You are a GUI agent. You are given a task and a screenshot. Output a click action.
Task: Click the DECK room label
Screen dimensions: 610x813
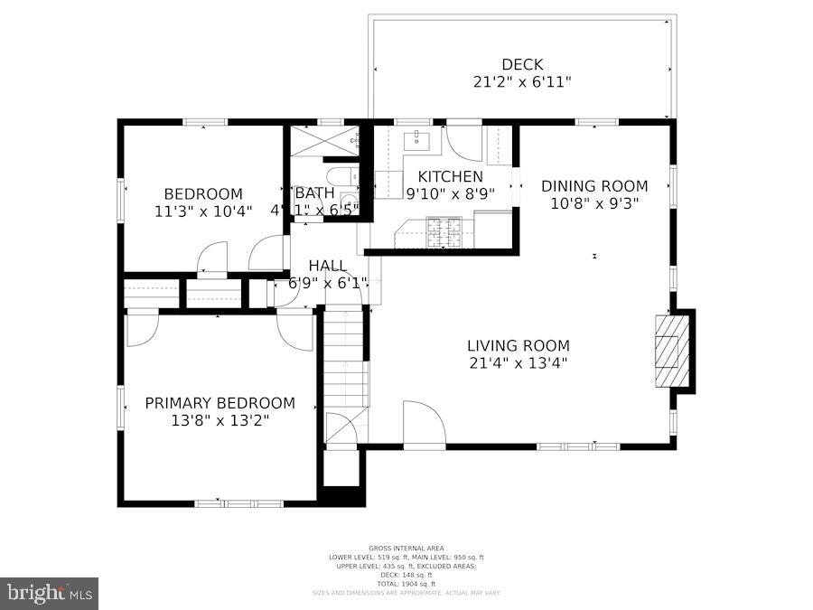point(522,64)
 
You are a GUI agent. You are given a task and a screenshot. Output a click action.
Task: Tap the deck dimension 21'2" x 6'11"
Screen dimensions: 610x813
point(522,81)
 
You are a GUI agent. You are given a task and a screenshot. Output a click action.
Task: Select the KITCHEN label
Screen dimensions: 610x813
point(450,176)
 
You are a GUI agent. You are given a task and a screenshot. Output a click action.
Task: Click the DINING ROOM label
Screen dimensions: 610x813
point(594,186)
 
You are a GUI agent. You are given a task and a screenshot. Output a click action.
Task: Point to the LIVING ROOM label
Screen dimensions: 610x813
point(519,345)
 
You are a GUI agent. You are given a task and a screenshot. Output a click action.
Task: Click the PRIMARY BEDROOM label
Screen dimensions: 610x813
point(220,403)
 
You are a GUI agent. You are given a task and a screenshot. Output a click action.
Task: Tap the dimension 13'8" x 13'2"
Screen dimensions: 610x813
point(220,420)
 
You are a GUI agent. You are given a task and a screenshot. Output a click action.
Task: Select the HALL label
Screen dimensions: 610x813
point(327,265)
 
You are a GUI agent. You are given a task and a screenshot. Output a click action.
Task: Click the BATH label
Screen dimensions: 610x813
point(314,192)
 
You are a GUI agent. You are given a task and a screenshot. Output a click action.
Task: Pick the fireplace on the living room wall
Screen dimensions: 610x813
point(669,350)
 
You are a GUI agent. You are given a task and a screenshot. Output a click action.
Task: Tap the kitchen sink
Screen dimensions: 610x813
point(416,140)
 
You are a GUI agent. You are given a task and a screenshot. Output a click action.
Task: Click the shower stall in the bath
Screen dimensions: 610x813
point(323,140)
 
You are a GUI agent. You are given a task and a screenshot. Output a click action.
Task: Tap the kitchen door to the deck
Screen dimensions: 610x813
point(464,144)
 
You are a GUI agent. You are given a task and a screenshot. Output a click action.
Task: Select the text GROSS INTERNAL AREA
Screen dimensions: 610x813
point(406,549)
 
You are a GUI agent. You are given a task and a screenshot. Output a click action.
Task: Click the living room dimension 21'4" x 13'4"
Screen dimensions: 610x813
point(519,363)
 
